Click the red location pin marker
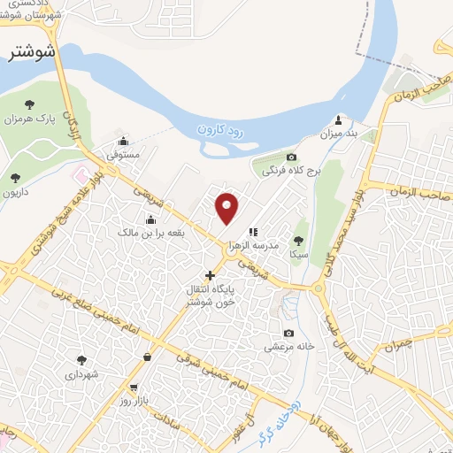[x=227, y=207]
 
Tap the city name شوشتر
[x=32, y=52]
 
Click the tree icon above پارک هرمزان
[x=30, y=104]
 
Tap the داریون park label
[x=16, y=192]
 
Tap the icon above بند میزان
[x=337, y=120]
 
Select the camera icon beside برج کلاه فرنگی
[x=291, y=157]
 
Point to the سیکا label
[x=297, y=252]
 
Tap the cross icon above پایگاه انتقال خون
[x=210, y=276]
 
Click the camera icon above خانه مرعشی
[x=288, y=333]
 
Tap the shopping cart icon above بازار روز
[x=134, y=388]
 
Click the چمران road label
[x=401, y=342]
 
